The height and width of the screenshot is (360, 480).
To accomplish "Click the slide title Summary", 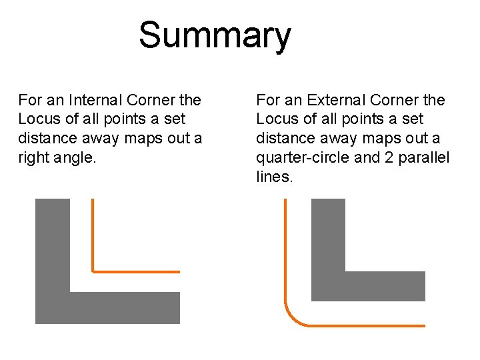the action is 215,35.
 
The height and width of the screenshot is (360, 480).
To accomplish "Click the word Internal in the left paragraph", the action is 95,100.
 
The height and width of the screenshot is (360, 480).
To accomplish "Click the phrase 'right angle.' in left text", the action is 52,157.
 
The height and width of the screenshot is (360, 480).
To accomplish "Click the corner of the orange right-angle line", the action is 93,271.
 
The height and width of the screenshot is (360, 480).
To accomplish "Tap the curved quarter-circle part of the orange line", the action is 293,317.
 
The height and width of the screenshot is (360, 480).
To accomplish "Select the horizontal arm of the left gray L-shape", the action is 124,307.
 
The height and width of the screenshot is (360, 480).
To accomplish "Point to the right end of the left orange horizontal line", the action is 179,271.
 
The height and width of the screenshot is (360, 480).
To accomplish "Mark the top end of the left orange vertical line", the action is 93,200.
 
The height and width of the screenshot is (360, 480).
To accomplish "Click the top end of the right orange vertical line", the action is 285,200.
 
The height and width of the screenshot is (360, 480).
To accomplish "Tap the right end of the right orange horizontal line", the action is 424,325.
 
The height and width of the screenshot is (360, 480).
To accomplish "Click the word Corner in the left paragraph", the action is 150,100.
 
